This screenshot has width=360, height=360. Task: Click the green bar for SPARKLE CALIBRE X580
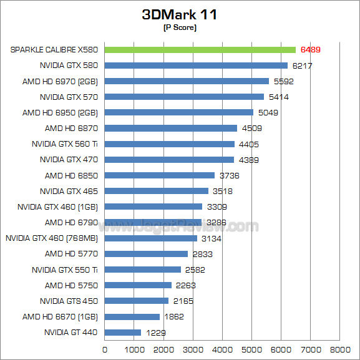point(200,49)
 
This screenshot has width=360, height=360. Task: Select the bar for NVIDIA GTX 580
point(196,65)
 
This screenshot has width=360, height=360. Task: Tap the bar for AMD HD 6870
point(171,128)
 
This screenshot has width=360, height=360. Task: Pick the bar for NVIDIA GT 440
point(123,333)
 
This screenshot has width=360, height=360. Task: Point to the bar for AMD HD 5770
point(146,254)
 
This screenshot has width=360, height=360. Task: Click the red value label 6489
point(311,49)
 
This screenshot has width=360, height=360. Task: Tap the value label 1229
point(156,333)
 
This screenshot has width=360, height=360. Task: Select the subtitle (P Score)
point(180,27)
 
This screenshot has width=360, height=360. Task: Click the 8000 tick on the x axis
point(339,349)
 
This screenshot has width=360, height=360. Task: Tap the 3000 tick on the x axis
point(193,349)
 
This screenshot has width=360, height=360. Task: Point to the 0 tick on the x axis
point(105,349)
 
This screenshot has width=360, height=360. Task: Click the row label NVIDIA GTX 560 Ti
point(64,144)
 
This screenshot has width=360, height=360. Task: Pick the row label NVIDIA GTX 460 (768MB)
point(52,238)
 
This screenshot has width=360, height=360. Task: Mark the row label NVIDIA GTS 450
point(69,301)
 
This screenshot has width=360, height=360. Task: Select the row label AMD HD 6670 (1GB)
point(60,316)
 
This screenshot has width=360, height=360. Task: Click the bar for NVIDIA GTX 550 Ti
point(143,270)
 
